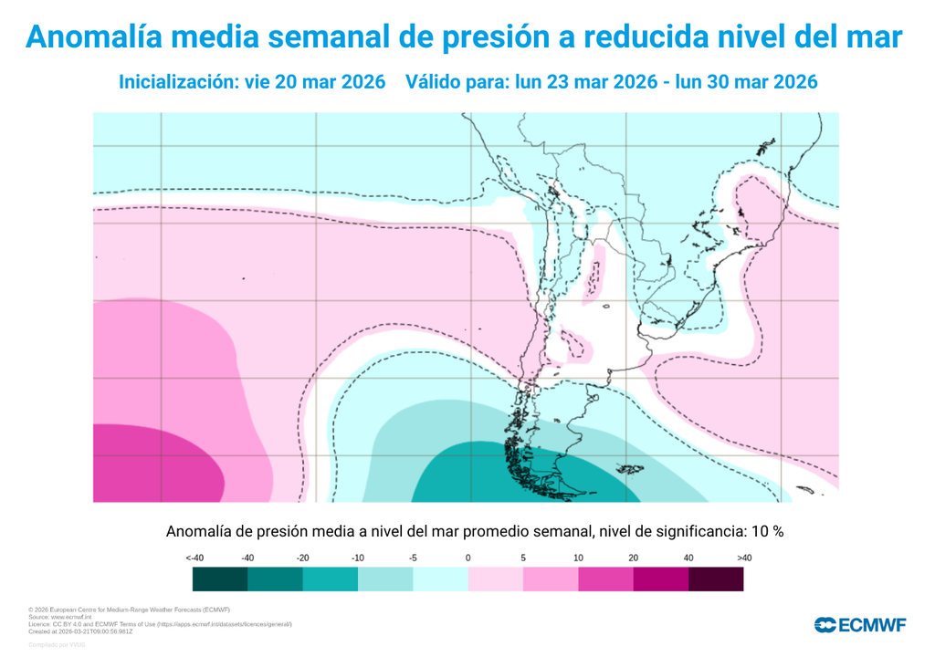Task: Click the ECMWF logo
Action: [859, 625]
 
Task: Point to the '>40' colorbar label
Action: [743, 558]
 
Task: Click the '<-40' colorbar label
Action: [194, 558]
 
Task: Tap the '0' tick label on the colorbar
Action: [467, 558]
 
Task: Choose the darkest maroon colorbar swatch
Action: [715, 579]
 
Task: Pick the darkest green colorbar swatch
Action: [220, 579]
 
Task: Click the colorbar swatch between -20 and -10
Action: [330, 579]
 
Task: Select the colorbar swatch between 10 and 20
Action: [605, 579]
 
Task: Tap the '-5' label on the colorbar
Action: [413, 558]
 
